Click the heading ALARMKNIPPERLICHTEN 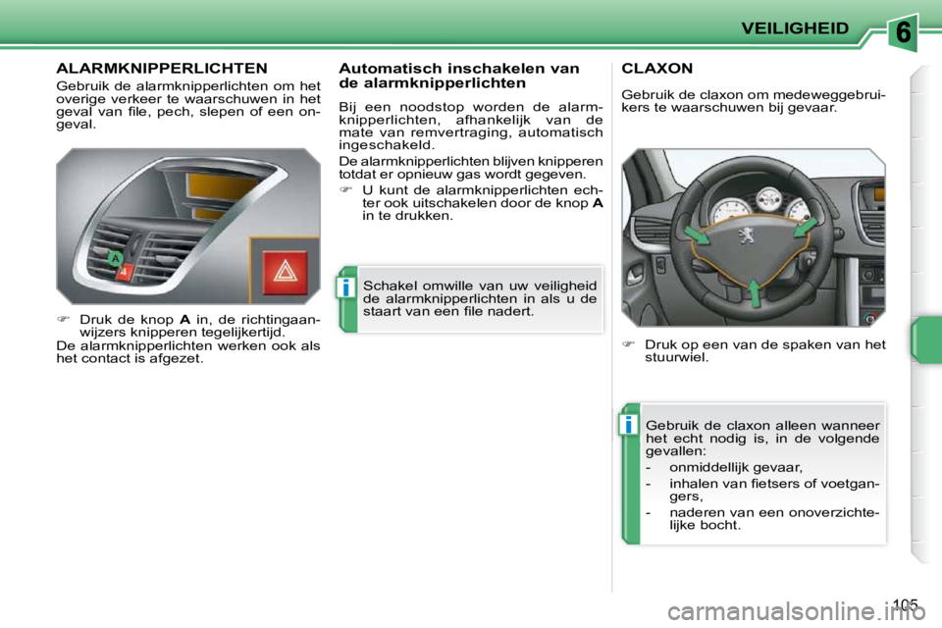point(162,69)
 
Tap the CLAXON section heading point(657,69)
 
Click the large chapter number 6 point(905,32)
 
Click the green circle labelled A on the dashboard point(115,258)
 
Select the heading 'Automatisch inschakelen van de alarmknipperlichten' point(458,76)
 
